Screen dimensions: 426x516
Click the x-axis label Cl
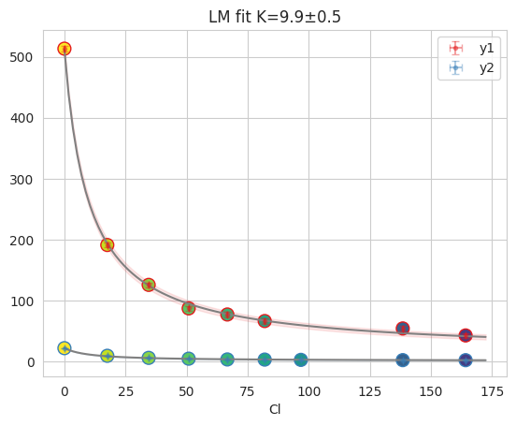click(275, 409)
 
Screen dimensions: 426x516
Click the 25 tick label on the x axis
click(125, 389)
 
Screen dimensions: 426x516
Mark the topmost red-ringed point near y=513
click(64, 49)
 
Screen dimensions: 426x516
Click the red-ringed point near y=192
click(107, 244)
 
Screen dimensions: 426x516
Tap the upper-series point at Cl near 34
click(149, 285)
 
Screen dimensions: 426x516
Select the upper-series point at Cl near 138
click(403, 329)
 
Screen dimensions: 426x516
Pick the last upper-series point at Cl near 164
click(466, 335)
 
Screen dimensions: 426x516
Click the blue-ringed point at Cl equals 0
click(64, 348)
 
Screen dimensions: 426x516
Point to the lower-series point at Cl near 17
click(107, 356)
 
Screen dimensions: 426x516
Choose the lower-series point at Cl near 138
click(403, 360)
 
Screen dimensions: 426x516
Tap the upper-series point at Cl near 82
click(265, 321)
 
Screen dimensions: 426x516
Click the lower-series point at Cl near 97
click(301, 360)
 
